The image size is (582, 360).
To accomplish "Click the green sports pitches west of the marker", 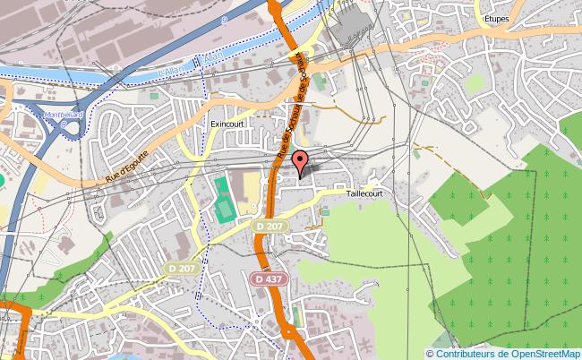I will coord(222,198).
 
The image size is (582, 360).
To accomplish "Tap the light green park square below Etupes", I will coord(475,82).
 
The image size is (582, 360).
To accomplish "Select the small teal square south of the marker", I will coord(324,212).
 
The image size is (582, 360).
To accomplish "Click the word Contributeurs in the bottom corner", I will coord(453,353).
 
